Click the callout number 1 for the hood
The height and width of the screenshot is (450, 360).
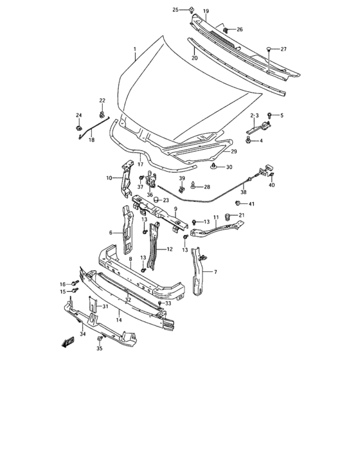click(x=134, y=49)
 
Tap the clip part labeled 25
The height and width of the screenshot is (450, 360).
click(x=192, y=9)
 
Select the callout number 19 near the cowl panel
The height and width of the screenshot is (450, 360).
click(x=206, y=12)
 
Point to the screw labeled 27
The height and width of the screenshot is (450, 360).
click(x=268, y=49)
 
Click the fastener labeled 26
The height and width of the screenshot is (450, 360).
click(x=226, y=30)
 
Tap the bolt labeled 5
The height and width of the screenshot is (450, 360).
click(x=269, y=116)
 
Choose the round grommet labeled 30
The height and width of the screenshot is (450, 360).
click(x=213, y=167)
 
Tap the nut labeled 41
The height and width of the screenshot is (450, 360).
click(x=238, y=204)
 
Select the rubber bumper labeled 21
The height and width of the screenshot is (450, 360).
click(x=226, y=216)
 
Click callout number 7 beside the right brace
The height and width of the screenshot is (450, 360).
click(x=215, y=272)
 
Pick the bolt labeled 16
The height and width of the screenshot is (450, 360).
click(x=75, y=283)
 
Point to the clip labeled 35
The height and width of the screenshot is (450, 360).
click(x=99, y=339)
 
